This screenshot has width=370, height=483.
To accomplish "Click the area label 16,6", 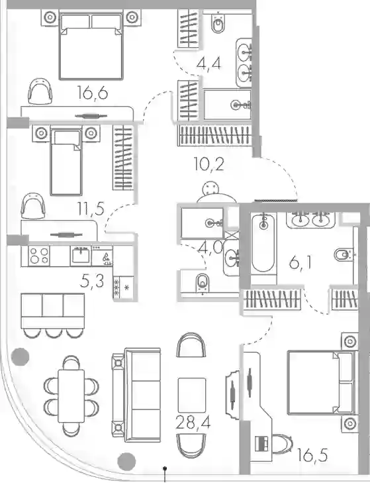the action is (93, 93).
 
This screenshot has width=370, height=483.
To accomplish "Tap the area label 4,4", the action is (208, 64).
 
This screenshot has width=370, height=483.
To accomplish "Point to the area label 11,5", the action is (91, 209).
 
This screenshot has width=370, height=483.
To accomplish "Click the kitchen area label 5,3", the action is (92, 281).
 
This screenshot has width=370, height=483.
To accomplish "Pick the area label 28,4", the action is (193, 422).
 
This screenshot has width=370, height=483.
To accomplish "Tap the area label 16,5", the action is (312, 455).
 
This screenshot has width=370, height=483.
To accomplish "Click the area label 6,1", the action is (300, 263).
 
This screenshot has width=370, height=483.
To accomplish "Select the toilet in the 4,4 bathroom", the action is (218, 23).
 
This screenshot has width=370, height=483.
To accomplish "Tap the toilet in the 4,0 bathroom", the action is (203, 282).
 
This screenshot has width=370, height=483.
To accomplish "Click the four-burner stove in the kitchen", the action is (38, 256).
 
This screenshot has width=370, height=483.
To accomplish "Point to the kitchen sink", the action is (81, 255).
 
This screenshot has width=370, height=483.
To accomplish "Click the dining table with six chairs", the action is (71, 396).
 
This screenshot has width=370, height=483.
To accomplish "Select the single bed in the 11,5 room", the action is (66, 162).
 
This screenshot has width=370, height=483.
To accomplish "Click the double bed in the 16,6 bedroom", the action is (91, 46).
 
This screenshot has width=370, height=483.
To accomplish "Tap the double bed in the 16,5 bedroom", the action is (320, 382).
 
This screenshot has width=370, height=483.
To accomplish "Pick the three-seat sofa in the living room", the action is (137, 395).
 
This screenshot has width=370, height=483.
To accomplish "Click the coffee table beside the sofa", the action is (192, 395).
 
